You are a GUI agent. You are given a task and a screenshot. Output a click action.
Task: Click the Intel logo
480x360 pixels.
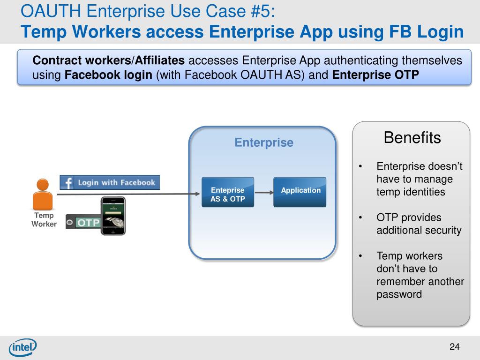click(x=22, y=347)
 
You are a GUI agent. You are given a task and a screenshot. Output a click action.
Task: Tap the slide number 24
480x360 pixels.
click(x=454, y=347)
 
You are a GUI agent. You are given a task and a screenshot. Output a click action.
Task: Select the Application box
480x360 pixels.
click(x=300, y=192)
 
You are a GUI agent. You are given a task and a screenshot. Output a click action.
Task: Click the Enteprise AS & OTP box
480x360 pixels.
click(x=227, y=192)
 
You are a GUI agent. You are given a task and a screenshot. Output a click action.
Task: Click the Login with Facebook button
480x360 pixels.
click(x=110, y=182)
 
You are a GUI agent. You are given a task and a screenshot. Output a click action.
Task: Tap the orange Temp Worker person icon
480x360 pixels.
click(x=43, y=194)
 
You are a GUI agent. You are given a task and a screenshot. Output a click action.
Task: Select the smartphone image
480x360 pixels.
click(x=114, y=215)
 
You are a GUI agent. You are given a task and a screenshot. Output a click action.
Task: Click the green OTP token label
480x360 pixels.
click(x=88, y=223)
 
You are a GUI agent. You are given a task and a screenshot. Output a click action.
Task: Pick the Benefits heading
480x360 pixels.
click(x=412, y=138)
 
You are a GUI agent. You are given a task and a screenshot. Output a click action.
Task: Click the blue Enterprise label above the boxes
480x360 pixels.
click(x=264, y=142)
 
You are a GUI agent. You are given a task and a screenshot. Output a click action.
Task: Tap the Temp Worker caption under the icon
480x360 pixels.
click(x=44, y=220)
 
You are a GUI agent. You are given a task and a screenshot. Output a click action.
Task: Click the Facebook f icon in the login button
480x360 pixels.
click(x=68, y=183)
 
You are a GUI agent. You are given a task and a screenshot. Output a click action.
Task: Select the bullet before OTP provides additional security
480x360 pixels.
click(x=360, y=217)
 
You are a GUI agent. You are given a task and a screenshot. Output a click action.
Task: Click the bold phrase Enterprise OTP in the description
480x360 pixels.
click(x=375, y=75)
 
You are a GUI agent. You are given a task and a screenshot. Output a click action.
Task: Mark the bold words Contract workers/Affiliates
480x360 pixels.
click(x=109, y=60)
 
